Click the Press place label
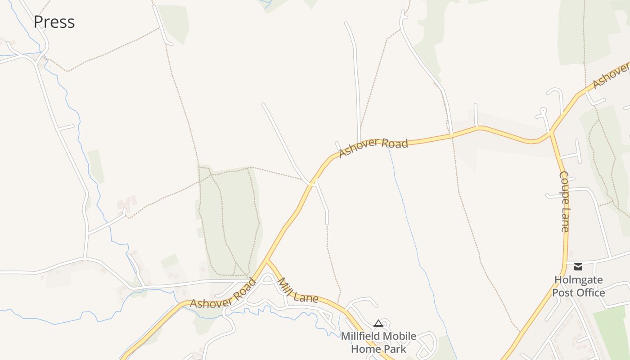tap(54, 22)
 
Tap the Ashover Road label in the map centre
tap(373, 147)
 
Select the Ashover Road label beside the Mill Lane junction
tap(223, 294)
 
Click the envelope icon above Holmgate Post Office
tap(578, 267)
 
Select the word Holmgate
tap(578, 280)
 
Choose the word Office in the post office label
tap(590, 292)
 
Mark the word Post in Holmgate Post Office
tap(562, 292)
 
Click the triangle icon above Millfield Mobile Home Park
tap(378, 323)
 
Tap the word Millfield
tap(360, 336)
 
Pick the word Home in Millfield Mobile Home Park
tap(367, 349)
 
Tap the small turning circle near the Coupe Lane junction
tap(543, 110)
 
